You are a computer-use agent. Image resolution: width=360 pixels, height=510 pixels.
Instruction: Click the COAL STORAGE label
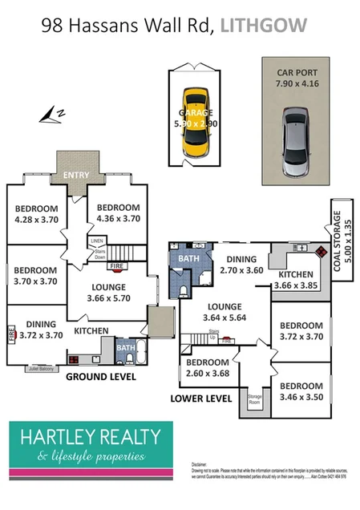[342, 241]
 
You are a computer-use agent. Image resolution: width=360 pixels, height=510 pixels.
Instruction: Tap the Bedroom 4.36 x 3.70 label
[116, 212]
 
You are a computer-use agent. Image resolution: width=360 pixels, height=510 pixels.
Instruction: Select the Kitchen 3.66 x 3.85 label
[296, 280]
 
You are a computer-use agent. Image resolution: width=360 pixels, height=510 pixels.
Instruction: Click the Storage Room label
[255, 396]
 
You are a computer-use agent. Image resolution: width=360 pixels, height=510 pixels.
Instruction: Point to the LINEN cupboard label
[97, 240]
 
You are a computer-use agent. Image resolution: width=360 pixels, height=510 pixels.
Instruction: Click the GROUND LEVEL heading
[100, 376]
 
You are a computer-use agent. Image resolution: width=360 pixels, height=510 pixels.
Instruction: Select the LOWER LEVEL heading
[201, 398]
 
